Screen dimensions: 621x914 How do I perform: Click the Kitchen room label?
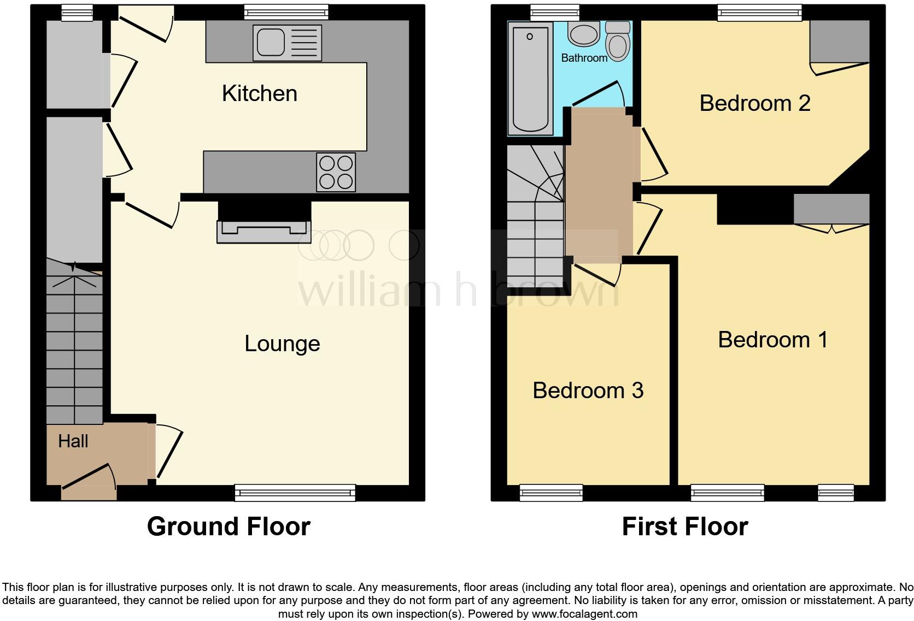(x=260, y=93)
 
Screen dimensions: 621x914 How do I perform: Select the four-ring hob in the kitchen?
(x=336, y=172)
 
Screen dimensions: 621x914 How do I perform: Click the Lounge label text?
(x=282, y=344)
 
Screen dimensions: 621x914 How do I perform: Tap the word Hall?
(x=73, y=441)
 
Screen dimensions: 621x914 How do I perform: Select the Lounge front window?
(x=295, y=493)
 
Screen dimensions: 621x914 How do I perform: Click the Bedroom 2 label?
(x=754, y=103)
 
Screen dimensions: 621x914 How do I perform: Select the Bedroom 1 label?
(x=772, y=340)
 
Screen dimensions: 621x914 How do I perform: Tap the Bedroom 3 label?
(x=588, y=391)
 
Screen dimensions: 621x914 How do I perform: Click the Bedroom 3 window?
(x=551, y=493)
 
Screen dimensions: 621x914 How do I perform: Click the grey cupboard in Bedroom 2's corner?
(x=839, y=42)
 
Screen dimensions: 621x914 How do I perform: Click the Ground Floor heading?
(x=228, y=527)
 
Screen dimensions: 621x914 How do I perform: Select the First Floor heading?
(x=684, y=527)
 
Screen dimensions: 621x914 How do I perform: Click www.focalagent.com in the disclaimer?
(x=584, y=614)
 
